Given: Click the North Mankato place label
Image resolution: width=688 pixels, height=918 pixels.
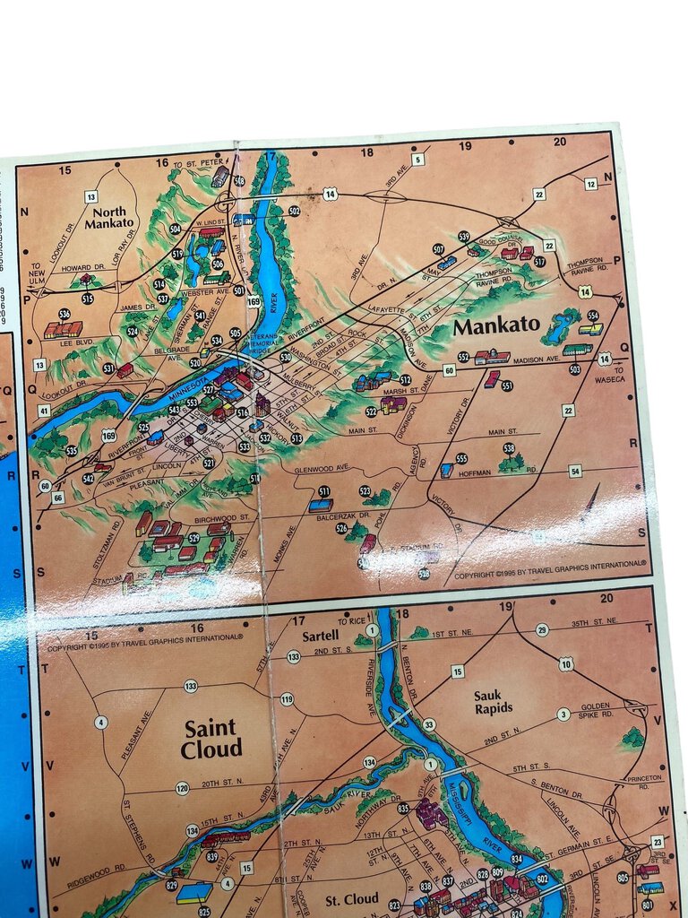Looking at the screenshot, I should pos(108,217).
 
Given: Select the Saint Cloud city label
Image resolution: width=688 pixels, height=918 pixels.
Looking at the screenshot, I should pos(211,739).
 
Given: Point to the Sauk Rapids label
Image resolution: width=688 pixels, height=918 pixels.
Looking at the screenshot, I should pos(494,700).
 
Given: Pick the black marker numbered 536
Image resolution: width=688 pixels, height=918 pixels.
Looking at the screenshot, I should pos(64,315).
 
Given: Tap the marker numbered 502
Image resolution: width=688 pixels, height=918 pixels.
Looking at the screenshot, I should pos(294,211).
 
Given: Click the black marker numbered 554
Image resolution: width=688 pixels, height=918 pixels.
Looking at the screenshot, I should pos(592,316).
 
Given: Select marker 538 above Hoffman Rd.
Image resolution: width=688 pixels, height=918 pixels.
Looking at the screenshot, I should pos(509,448).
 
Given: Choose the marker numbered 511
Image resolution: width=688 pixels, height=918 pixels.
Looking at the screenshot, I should pos(324,491).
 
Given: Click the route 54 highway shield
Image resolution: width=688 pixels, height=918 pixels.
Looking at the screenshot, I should pos(575,471).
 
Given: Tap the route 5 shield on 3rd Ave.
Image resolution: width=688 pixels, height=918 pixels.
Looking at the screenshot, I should pos(417,160).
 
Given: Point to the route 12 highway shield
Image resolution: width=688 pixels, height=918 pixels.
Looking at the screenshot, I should pos(590,184).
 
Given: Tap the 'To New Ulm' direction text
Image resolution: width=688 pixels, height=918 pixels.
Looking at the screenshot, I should pos(37,272).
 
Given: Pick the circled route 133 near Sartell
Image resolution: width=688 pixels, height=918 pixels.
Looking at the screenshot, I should pos(293,657).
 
